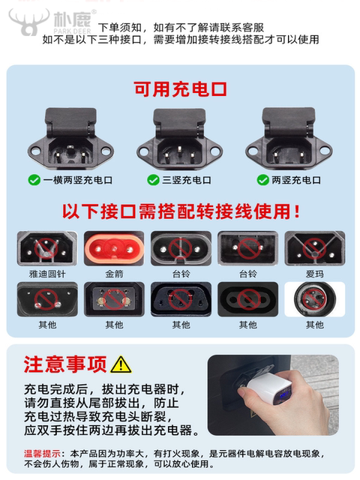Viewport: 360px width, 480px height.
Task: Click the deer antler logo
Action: pyautogui.click(x=28, y=22)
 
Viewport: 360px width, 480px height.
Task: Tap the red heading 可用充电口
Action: pyautogui.click(x=180, y=90)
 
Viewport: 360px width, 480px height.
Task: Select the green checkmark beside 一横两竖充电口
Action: pyautogui.click(x=34, y=180)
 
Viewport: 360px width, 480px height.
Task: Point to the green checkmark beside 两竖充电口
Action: pyautogui.click(x=263, y=180)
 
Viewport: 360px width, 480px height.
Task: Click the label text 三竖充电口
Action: pyautogui.click(x=186, y=180)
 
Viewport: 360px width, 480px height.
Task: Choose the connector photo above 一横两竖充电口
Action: pyautogui.click(x=70, y=139)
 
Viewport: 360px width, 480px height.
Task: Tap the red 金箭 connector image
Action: pyautogui.click(x=113, y=247)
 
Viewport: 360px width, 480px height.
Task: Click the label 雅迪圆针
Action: pyautogui.click(x=47, y=274)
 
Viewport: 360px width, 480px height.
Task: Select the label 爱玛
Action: pyautogui.click(x=315, y=274)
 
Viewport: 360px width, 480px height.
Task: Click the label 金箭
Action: pyautogui.click(x=114, y=274)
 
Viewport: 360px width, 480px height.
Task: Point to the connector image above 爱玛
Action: pyautogui.click(x=315, y=247)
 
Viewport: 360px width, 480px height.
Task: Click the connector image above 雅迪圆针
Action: pyautogui.click(x=47, y=247)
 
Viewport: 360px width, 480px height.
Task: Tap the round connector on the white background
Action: pyautogui.click(x=315, y=298)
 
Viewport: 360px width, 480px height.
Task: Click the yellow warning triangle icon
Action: pyautogui.click(x=120, y=364)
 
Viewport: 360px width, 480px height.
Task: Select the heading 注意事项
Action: pyautogui.click(x=65, y=364)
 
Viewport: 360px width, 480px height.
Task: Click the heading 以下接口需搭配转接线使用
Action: pyautogui.click(x=180, y=211)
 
